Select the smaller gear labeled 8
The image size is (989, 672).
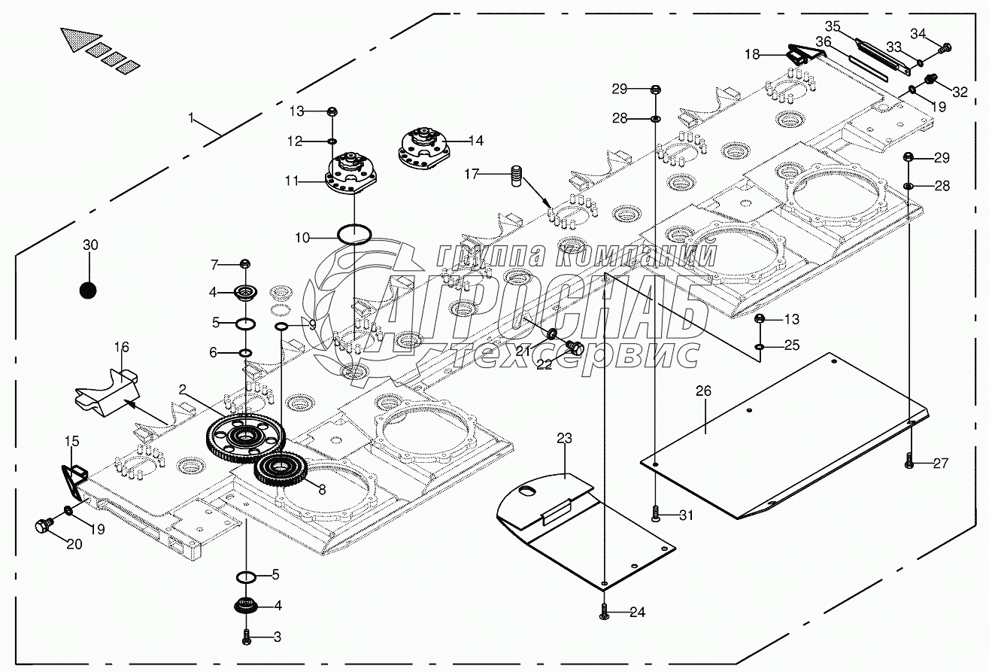tap(280, 471)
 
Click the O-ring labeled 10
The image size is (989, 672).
tap(353, 233)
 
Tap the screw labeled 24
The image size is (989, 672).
tap(604, 613)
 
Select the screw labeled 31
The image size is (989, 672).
tap(656, 514)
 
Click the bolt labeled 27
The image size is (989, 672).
tap(909, 461)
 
